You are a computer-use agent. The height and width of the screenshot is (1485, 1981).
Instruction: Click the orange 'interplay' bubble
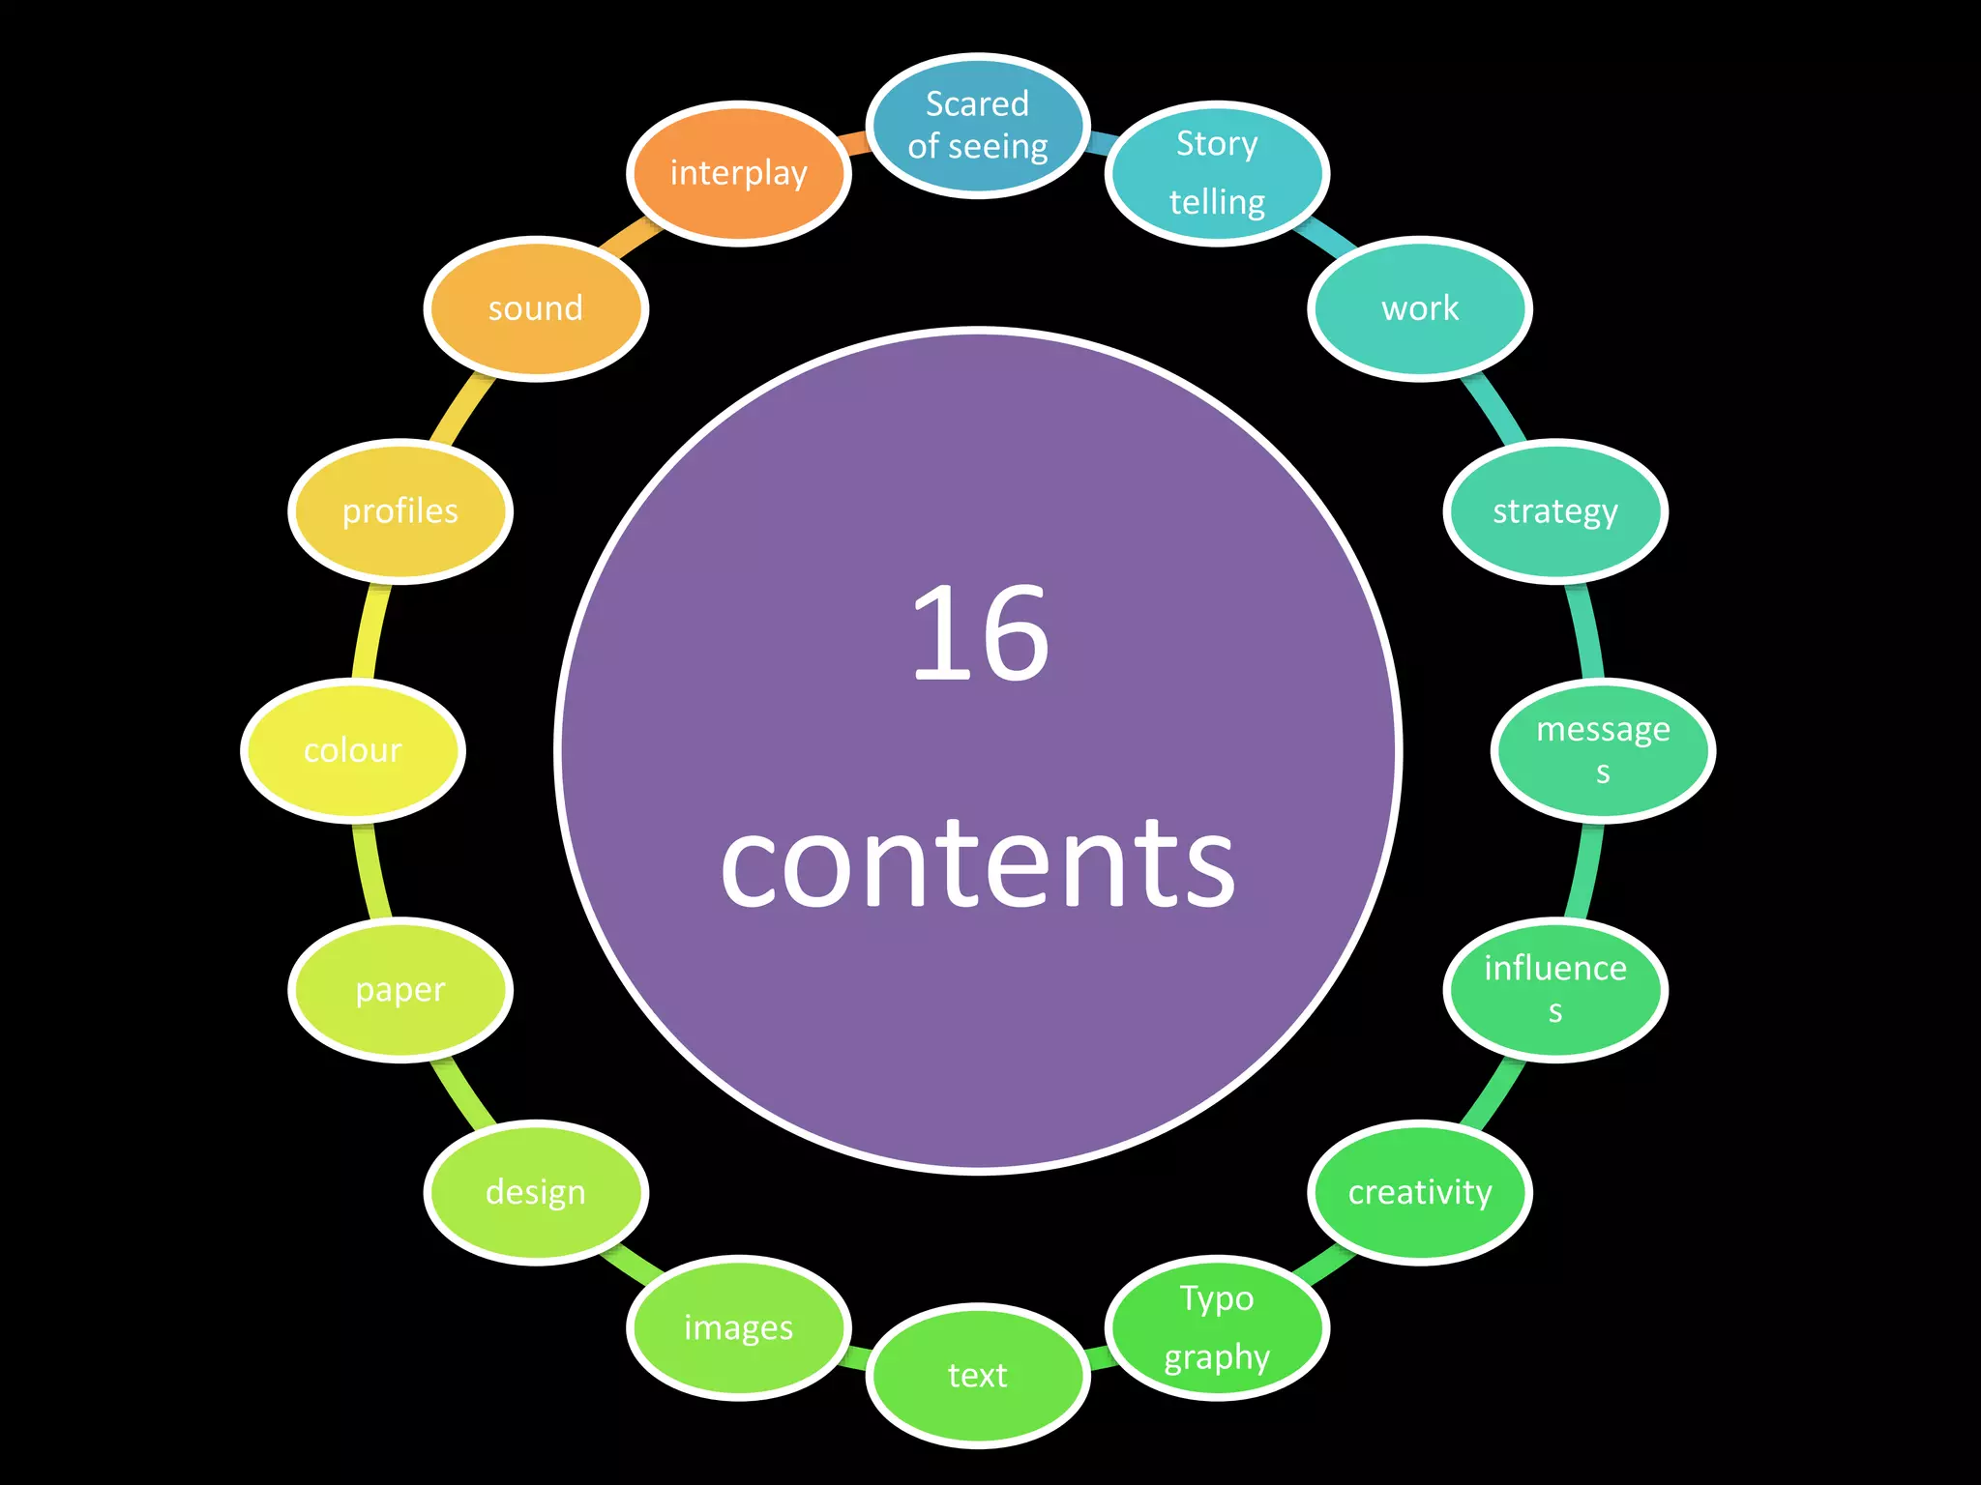click(x=738, y=174)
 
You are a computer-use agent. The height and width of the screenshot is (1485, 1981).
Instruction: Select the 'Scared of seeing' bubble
click(x=978, y=126)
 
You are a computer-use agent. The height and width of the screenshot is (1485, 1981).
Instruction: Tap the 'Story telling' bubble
click(x=1217, y=174)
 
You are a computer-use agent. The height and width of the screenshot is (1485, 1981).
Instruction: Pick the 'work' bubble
click(x=1420, y=309)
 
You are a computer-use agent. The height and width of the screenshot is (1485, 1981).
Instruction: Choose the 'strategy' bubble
click(x=1555, y=511)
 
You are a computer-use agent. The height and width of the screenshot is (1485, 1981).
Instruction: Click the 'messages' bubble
click(x=1603, y=750)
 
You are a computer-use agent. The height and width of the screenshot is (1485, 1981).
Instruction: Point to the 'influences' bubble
click(x=1555, y=989)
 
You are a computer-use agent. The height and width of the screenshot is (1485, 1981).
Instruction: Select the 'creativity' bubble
click(x=1420, y=1192)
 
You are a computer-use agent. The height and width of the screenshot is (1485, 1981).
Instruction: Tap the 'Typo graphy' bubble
click(x=1217, y=1327)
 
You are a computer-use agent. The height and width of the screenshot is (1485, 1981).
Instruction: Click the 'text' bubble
click(x=978, y=1375)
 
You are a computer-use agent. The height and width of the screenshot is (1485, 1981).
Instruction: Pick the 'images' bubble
click(x=738, y=1327)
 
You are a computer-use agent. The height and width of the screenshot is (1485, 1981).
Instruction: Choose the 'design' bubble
click(x=536, y=1192)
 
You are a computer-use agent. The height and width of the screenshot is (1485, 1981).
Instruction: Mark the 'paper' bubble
click(x=400, y=989)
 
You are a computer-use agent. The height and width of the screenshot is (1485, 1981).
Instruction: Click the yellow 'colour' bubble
click(x=353, y=750)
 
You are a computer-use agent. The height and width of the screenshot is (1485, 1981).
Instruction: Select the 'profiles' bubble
click(x=400, y=511)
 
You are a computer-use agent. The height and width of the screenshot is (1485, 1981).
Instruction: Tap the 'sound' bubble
click(x=536, y=309)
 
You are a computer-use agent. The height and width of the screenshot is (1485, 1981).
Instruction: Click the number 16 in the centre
click(x=980, y=634)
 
